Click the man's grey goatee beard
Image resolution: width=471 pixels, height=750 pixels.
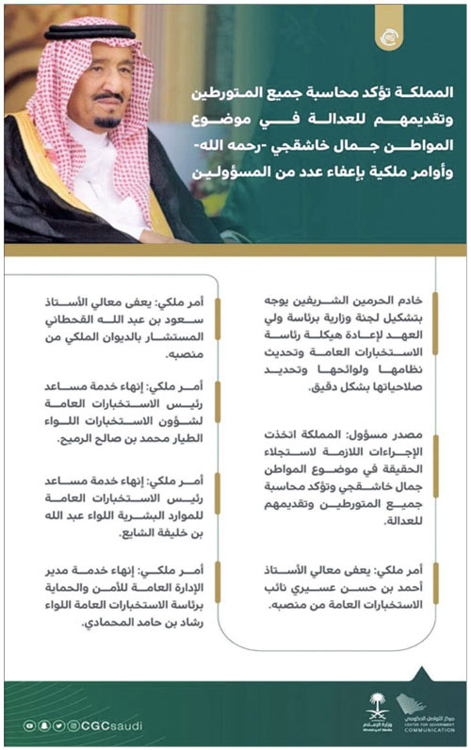(106, 122)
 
